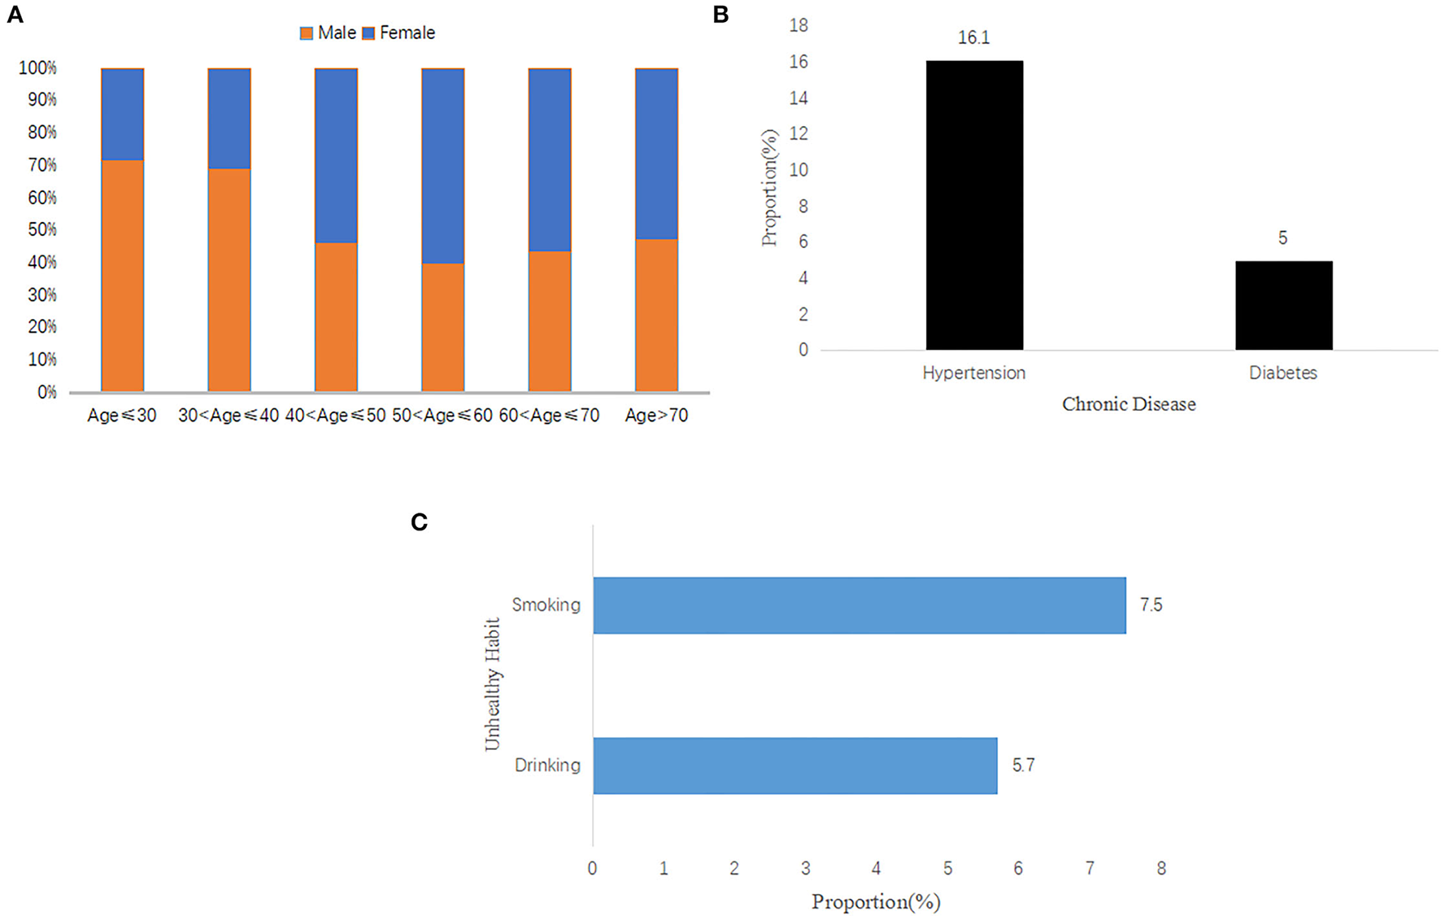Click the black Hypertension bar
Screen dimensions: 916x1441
pyautogui.click(x=973, y=205)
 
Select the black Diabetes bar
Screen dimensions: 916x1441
pyautogui.click(x=1283, y=305)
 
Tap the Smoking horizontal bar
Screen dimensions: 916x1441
pyautogui.click(x=859, y=605)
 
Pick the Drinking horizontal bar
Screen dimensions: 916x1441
pyautogui.click(x=795, y=766)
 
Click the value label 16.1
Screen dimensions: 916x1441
pyautogui.click(x=973, y=38)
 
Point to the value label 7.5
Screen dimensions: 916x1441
pyautogui.click(x=1151, y=605)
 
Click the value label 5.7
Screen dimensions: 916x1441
pyautogui.click(x=1023, y=766)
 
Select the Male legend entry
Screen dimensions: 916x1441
pyautogui.click(x=329, y=33)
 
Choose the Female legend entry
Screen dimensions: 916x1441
pyautogui.click(x=398, y=33)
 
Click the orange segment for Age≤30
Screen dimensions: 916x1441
pyautogui.click(x=123, y=276)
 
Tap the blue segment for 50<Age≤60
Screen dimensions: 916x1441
pyautogui.click(x=442, y=166)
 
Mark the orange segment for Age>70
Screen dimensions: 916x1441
pyautogui.click(x=656, y=315)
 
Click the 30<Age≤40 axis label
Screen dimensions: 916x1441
pyautogui.click(x=229, y=416)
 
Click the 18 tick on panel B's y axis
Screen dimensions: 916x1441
pyautogui.click(x=799, y=26)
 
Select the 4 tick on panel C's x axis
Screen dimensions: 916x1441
pyautogui.click(x=876, y=869)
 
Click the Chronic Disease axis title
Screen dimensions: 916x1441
pyautogui.click(x=1129, y=404)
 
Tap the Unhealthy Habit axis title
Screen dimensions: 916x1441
pyautogui.click(x=492, y=684)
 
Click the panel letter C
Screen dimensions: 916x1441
pyautogui.click(x=420, y=522)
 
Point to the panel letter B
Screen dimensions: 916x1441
pyautogui.click(x=720, y=15)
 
